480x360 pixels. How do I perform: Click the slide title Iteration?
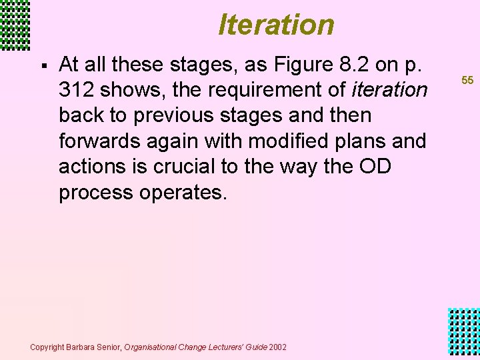click(276, 25)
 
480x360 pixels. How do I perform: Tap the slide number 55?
click(467, 80)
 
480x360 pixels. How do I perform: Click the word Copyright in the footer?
click(47, 347)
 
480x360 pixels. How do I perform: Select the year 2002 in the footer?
click(277, 347)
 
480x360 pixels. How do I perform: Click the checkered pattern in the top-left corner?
click(15, 25)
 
